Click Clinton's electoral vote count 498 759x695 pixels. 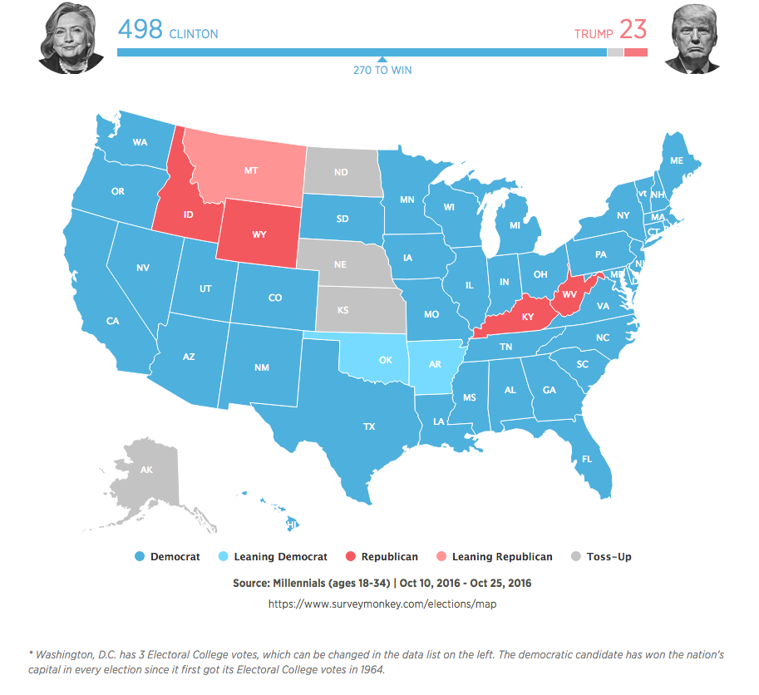click(x=140, y=30)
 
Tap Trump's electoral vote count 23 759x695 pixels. click(x=633, y=30)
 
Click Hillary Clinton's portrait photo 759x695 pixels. click(x=71, y=37)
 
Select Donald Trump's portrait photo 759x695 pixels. click(x=693, y=38)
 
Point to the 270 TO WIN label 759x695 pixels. click(x=382, y=71)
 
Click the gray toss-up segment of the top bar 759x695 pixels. click(x=615, y=52)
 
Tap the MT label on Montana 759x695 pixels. click(x=250, y=170)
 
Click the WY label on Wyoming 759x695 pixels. click(x=259, y=234)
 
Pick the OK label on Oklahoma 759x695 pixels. click(x=385, y=361)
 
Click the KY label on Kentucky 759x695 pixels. click(x=527, y=317)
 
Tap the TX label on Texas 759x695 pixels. click(x=369, y=426)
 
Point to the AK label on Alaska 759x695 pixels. click(x=146, y=471)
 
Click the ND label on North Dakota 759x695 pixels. click(x=341, y=173)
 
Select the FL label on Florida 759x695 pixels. click(x=587, y=459)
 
